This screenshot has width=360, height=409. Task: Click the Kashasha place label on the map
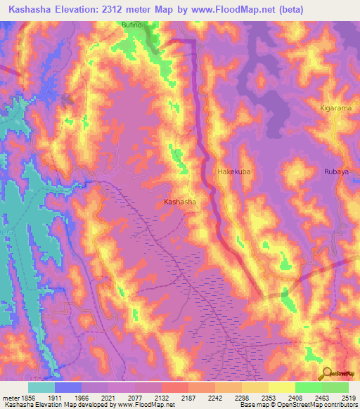[179, 202]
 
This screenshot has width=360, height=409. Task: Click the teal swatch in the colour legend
[41, 387]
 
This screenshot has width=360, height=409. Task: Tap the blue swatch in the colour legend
[68, 387]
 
